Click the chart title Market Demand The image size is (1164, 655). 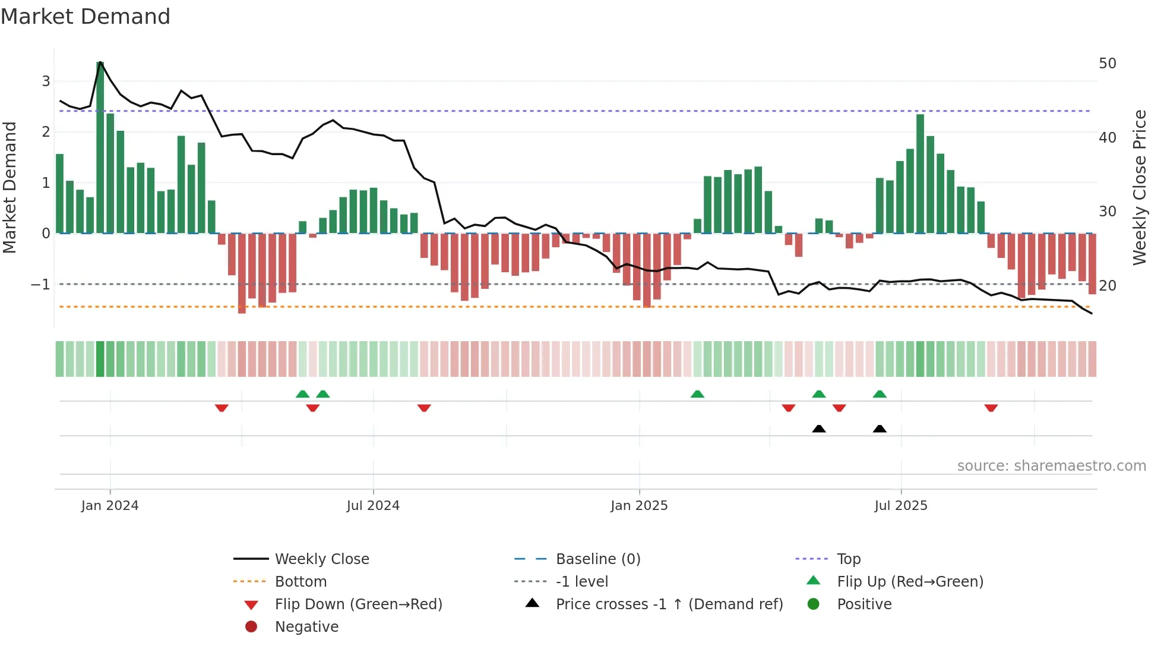coord(86,17)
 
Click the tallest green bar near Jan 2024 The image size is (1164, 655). coord(100,149)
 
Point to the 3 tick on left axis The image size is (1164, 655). coord(46,81)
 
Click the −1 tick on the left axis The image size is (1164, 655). coord(40,285)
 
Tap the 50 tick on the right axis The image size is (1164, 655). coord(1107,64)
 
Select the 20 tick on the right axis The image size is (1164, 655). coord(1107,286)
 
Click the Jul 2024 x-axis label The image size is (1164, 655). coord(373,506)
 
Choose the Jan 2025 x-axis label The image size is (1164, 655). coord(639,506)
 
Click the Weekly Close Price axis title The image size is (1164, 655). coord(1139,187)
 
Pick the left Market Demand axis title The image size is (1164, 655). coord(10,187)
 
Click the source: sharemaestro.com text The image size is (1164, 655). coord(1051,466)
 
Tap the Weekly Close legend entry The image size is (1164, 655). coord(321,559)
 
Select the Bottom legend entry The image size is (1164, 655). coord(301,582)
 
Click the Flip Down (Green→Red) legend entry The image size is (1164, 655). coord(358,604)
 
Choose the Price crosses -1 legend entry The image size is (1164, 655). coord(669,604)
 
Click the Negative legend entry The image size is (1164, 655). coord(306,627)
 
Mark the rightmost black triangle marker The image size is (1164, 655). coord(880,429)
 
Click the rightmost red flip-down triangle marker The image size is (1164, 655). coord(991,408)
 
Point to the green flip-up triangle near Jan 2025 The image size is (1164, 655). coord(697,394)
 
